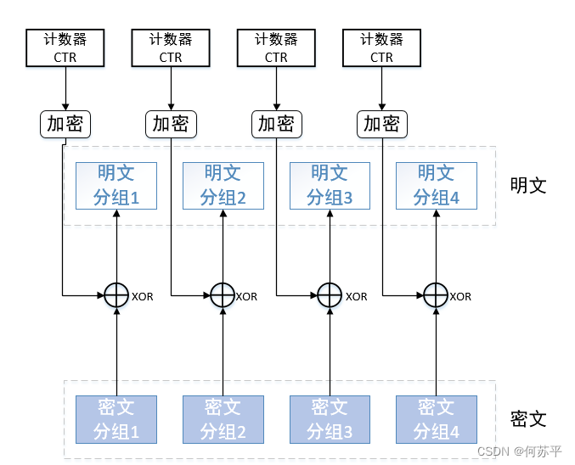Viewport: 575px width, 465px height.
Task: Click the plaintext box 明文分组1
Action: [x=116, y=185]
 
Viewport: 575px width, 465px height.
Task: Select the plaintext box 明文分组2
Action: [x=223, y=185]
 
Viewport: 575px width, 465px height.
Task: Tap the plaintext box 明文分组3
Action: [x=329, y=185]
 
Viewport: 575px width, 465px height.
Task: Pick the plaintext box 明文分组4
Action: [x=436, y=185]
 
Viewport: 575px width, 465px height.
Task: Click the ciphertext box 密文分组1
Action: [x=116, y=419]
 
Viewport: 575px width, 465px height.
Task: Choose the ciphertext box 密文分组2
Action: [x=223, y=419]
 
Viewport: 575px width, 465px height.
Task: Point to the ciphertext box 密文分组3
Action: [x=329, y=419]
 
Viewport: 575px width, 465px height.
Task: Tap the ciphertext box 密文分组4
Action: [x=436, y=419]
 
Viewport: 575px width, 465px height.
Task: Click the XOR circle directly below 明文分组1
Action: [x=116, y=295]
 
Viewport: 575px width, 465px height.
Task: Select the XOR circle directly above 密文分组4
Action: [x=436, y=295]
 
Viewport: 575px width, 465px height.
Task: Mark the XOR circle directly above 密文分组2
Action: [x=223, y=295]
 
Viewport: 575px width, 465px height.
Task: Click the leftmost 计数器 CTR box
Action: [x=65, y=48]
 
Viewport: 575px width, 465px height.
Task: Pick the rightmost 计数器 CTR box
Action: [x=381, y=48]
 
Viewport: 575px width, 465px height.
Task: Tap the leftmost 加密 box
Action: [x=65, y=124]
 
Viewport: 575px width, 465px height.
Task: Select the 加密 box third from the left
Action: [x=276, y=124]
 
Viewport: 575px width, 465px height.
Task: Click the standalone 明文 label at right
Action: [x=527, y=185]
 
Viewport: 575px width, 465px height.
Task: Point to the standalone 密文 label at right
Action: [x=527, y=419]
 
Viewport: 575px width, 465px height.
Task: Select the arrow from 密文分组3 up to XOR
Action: [x=329, y=352]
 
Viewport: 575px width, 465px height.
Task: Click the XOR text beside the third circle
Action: [x=356, y=297]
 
